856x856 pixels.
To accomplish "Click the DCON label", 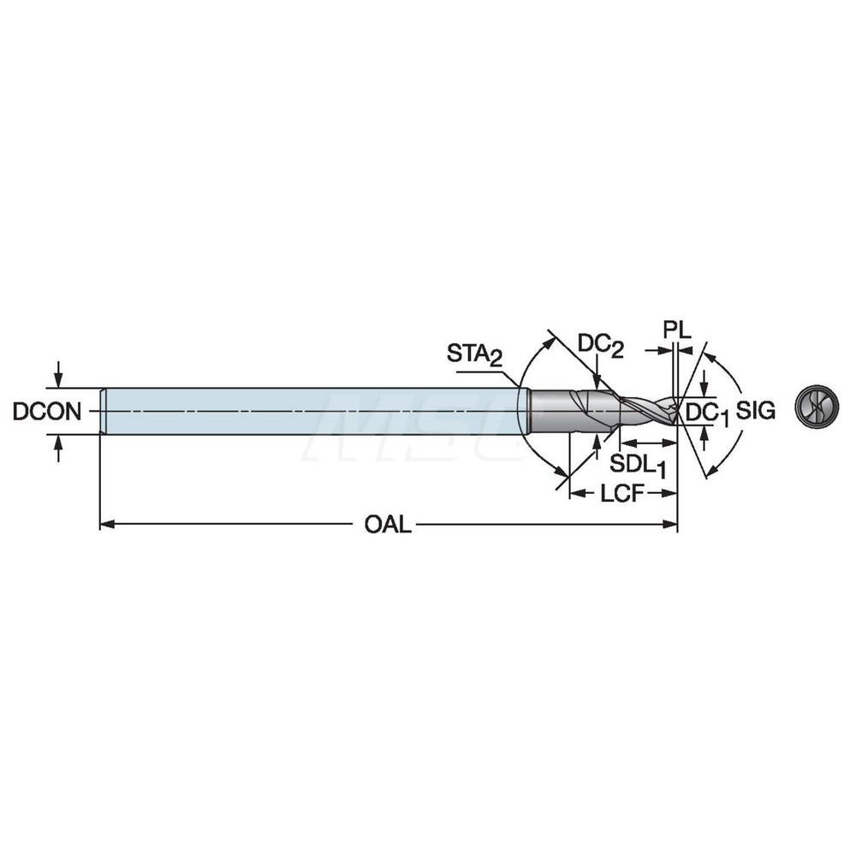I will [x=47, y=412].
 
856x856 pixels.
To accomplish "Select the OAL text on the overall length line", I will [x=388, y=525].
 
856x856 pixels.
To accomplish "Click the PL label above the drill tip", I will [x=675, y=329].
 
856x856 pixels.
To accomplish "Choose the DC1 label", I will [x=708, y=413].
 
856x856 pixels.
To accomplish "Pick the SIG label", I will [x=756, y=412].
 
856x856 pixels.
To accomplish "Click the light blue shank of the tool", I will [x=308, y=411].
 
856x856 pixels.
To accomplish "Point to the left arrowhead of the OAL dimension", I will [x=105, y=525].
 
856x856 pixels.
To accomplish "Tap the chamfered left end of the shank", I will [x=103, y=411].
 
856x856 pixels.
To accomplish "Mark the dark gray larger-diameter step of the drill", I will [x=569, y=411].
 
